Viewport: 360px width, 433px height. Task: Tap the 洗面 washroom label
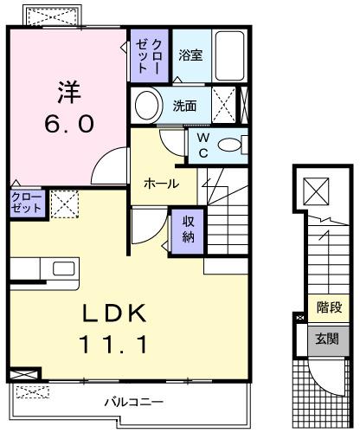click(x=184, y=107)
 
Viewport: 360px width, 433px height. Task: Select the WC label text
click(x=202, y=144)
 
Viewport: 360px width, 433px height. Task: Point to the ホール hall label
click(x=161, y=184)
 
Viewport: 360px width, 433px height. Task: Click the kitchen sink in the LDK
click(x=63, y=268)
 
